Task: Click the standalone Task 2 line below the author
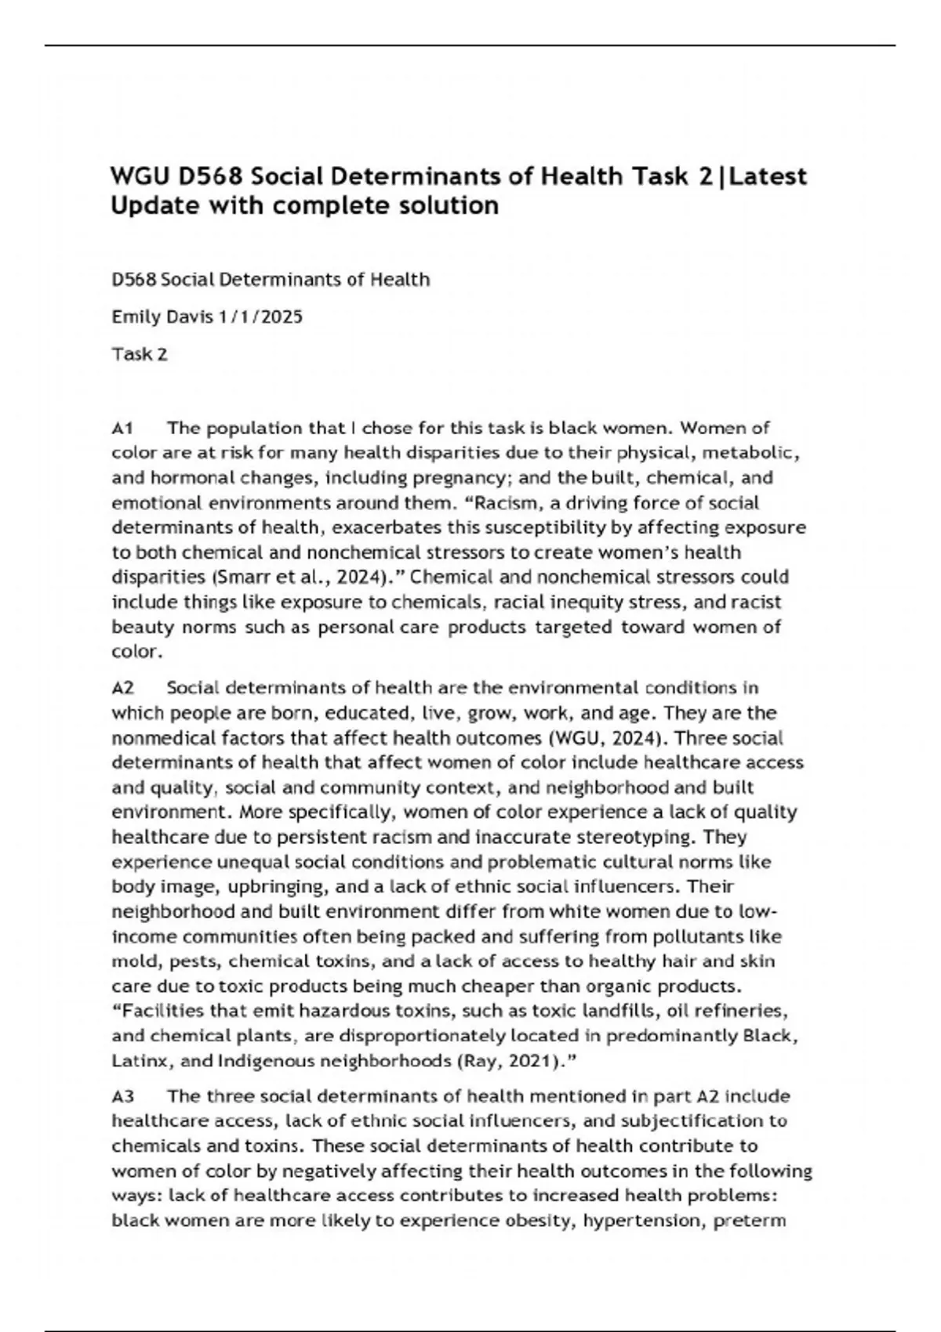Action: pos(140,354)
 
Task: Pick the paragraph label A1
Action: pos(122,428)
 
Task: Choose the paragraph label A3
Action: pos(122,1095)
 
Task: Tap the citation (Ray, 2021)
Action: pos(510,1061)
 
